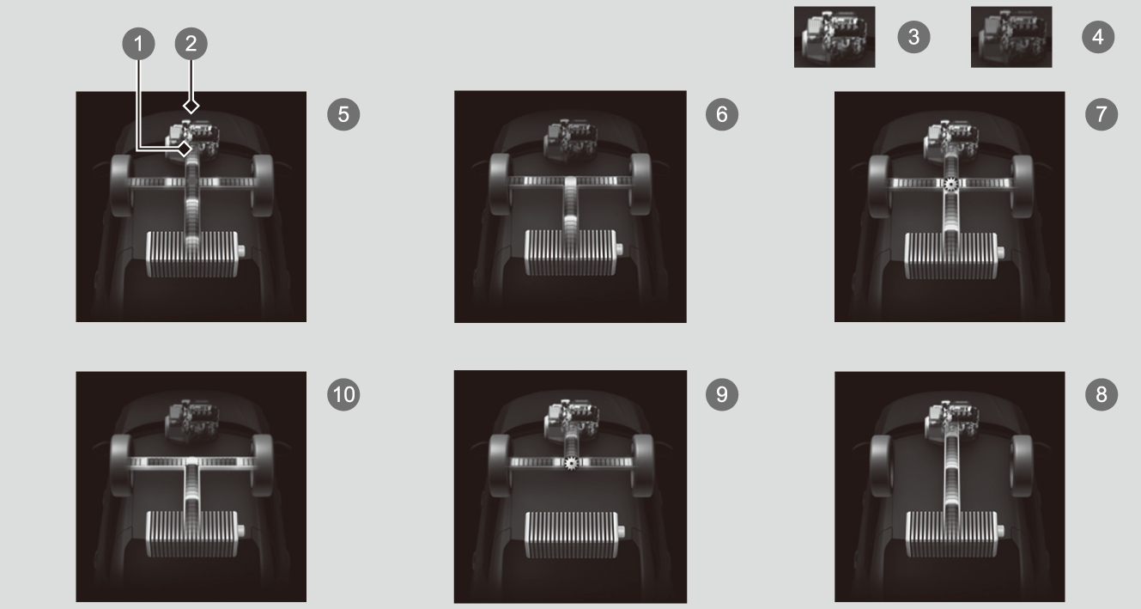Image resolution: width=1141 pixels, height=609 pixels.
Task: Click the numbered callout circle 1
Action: [138, 43]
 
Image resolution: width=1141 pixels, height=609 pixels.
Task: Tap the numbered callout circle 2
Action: [191, 43]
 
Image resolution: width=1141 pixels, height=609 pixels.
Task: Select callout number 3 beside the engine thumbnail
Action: [913, 37]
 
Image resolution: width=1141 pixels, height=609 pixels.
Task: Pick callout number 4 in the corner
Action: [1098, 37]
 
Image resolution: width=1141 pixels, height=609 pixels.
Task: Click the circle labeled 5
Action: [343, 114]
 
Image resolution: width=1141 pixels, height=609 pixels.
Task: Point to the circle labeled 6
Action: [722, 114]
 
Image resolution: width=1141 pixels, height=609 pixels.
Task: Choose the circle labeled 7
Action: [1102, 114]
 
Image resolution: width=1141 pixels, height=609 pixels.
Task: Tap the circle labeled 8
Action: [1102, 394]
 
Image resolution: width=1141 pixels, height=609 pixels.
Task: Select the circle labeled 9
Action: [722, 394]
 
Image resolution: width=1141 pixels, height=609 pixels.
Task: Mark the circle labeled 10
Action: [343, 394]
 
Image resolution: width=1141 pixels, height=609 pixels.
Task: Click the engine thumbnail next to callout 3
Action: [835, 37]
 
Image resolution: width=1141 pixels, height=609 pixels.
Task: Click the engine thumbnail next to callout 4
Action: [1011, 37]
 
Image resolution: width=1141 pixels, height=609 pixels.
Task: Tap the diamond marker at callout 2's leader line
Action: [191, 106]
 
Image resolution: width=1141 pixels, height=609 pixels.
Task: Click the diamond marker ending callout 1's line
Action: [185, 149]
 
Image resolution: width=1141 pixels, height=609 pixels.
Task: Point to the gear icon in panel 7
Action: [950, 184]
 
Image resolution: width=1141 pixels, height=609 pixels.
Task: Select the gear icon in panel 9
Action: [571, 463]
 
